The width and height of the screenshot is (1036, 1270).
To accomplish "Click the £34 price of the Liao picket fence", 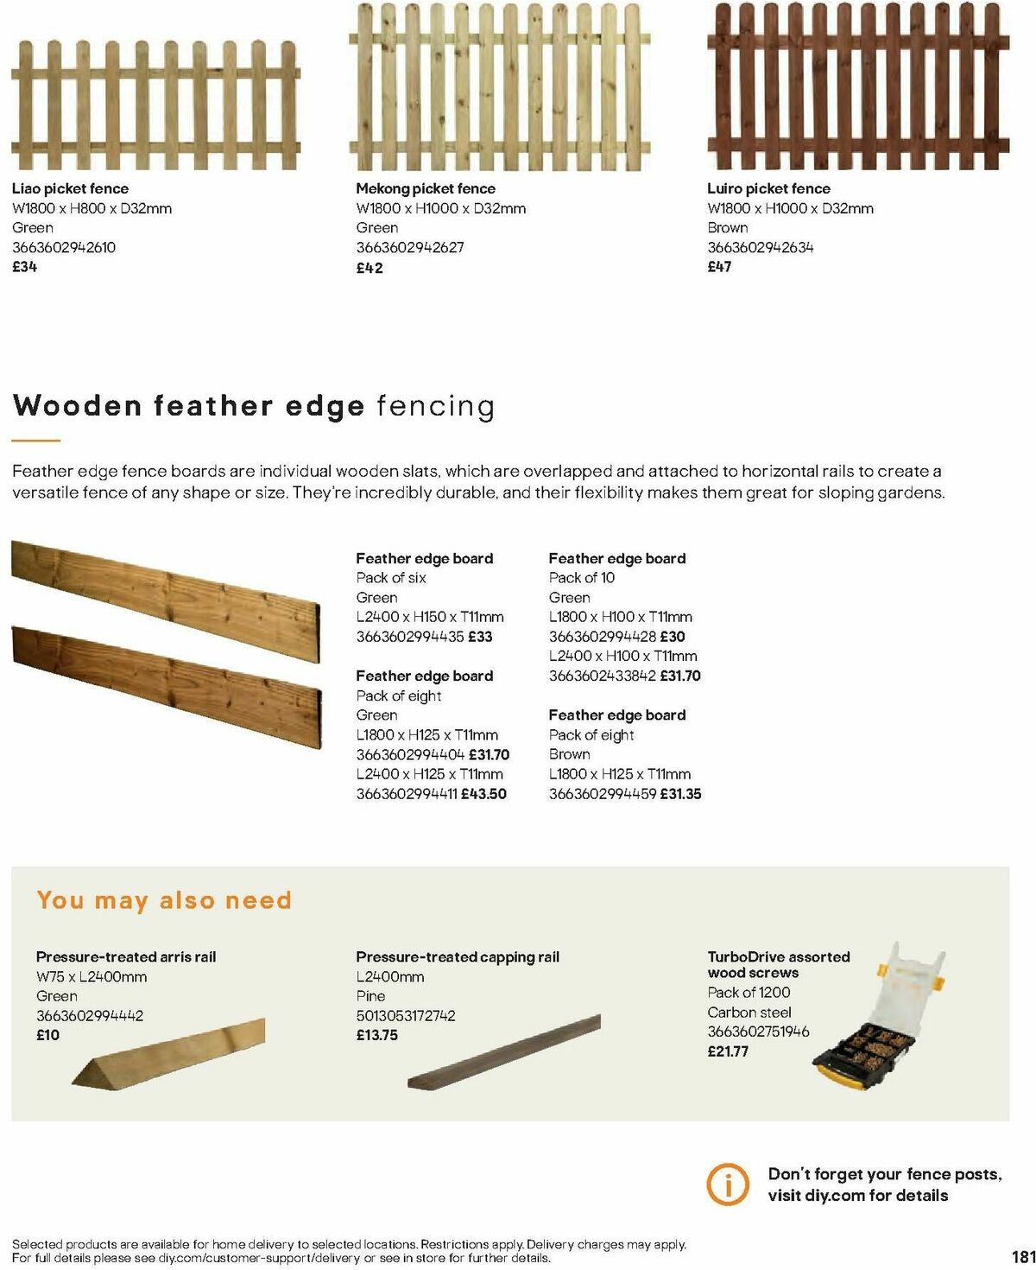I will [x=25, y=267].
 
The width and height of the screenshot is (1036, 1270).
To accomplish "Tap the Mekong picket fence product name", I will [x=426, y=188].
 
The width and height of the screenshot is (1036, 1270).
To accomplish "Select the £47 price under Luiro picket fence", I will [x=719, y=267].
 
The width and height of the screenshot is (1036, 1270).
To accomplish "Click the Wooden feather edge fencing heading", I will [x=254, y=406].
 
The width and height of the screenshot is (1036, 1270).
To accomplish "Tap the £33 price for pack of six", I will [x=480, y=637].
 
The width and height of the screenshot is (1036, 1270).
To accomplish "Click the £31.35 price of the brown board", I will [x=680, y=793].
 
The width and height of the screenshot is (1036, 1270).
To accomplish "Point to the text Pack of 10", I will [x=582, y=577].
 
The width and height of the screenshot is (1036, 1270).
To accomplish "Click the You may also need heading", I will [x=164, y=900].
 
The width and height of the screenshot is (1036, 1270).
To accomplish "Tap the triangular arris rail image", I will [x=169, y=1052].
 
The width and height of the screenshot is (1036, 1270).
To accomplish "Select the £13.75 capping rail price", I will [x=377, y=1035].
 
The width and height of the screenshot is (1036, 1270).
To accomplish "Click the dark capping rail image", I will [x=505, y=1051].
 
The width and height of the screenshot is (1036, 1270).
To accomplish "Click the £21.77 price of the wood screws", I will [x=728, y=1051].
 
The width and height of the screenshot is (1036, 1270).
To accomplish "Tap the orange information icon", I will [x=728, y=1184].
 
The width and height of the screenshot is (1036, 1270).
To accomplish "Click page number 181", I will [x=1022, y=1256].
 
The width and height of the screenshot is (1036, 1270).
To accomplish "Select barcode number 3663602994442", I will [x=90, y=1015].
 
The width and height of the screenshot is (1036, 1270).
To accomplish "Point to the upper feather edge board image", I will [x=164, y=596].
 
